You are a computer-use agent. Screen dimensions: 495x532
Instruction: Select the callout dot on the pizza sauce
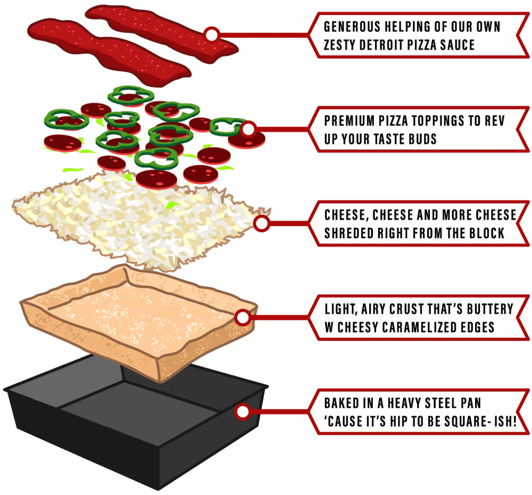(212, 35)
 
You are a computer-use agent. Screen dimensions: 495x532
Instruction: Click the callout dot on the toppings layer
(248, 129)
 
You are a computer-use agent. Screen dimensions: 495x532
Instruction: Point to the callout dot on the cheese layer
(262, 223)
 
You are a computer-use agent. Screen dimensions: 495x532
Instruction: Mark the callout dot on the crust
(242, 318)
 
